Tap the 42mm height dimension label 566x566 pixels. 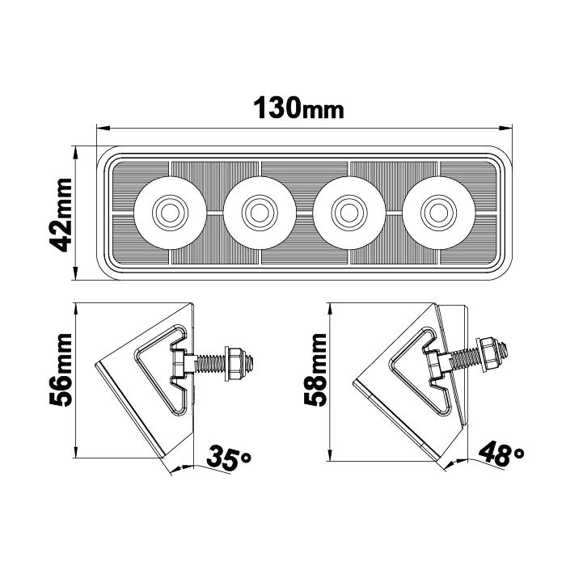click(61, 212)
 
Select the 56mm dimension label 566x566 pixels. click(61, 378)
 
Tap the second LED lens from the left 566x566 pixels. click(259, 212)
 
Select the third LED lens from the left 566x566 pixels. click(348, 212)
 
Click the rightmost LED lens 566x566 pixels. click(437, 212)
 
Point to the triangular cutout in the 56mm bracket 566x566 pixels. click(158, 364)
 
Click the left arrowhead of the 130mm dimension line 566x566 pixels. click(100, 127)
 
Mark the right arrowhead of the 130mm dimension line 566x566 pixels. click(510, 127)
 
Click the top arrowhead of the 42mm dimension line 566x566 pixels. click(74, 150)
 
